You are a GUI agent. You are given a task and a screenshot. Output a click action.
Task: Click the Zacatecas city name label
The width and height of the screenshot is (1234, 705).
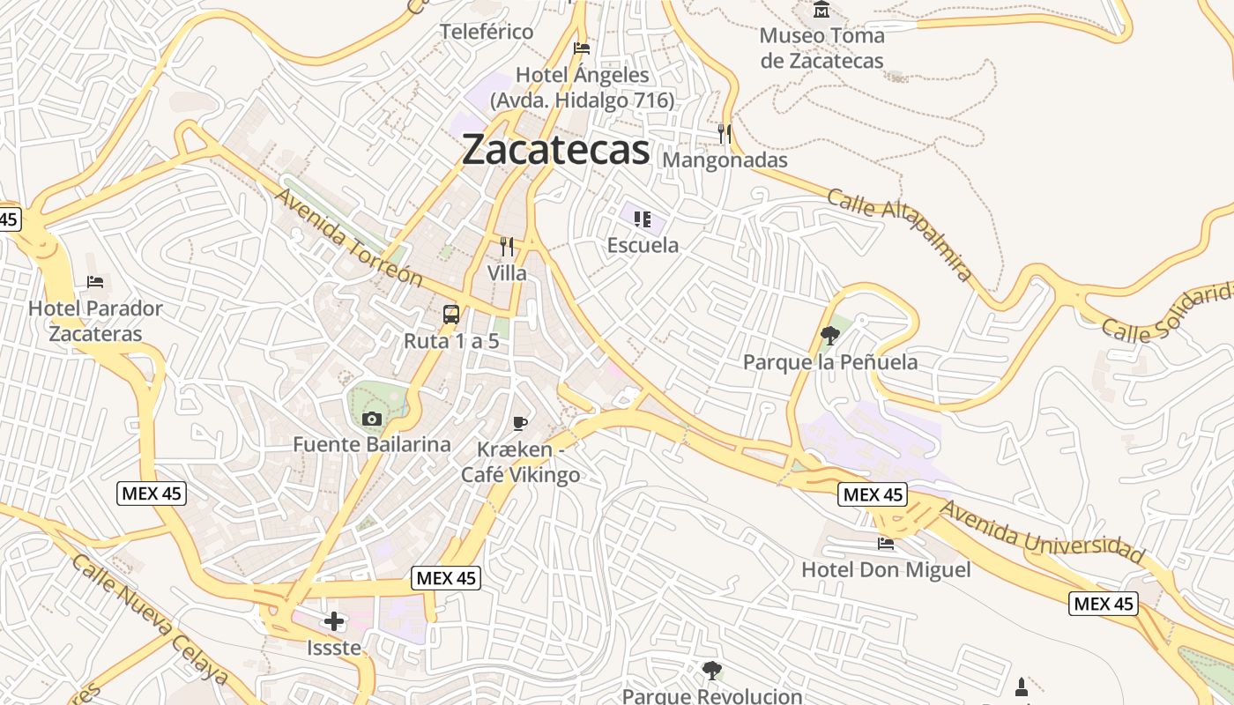[555, 150]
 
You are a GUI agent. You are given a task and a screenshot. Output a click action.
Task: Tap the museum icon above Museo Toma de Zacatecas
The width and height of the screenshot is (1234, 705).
[821, 10]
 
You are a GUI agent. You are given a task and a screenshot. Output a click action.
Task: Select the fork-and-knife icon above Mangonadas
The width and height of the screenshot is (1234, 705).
[725, 134]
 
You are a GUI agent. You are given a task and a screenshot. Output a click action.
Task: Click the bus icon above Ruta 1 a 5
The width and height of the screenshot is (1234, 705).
[450, 315]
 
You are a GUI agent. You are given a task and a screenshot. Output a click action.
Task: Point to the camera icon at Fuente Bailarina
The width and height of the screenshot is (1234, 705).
[372, 419]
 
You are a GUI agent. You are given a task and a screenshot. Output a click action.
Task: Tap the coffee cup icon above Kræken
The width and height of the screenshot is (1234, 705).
[520, 424]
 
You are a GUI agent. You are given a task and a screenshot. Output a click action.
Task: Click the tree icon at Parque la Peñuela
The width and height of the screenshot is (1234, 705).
[829, 335]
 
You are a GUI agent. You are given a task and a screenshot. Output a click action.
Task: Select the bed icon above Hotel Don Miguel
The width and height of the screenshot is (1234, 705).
[886, 544]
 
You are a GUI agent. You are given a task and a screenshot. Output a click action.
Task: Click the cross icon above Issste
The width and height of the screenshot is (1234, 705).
[334, 621]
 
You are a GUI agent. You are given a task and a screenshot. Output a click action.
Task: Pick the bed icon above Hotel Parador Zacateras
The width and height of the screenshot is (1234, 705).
[95, 282]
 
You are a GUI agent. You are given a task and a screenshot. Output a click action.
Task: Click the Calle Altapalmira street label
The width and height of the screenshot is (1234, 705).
[900, 234]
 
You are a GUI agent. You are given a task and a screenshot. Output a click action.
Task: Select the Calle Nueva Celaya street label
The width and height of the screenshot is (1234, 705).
[149, 620]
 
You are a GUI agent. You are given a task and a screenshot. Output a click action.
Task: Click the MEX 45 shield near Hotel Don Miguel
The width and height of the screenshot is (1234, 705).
[873, 494]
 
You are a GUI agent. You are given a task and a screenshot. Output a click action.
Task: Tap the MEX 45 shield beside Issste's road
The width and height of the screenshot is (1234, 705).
[446, 578]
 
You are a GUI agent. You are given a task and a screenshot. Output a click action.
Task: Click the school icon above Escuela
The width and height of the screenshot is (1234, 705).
[643, 219]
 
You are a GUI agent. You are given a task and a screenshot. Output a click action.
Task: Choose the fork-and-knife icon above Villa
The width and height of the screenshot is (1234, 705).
[507, 247]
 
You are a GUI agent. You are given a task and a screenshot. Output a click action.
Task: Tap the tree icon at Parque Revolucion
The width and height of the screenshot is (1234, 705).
[711, 671]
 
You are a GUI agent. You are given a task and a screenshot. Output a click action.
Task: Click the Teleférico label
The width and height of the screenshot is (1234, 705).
[487, 32]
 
